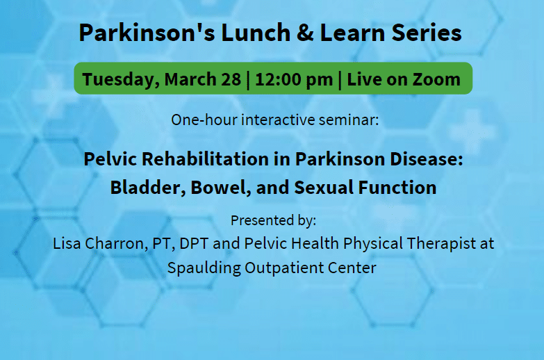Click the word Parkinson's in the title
tap(147, 33)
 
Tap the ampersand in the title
tap(305, 33)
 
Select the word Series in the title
tap(427, 33)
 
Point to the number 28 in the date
tap(231, 79)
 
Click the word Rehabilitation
tap(205, 159)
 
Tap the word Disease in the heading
tap(426, 159)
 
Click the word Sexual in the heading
tap(324, 188)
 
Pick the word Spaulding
tap(204, 268)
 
